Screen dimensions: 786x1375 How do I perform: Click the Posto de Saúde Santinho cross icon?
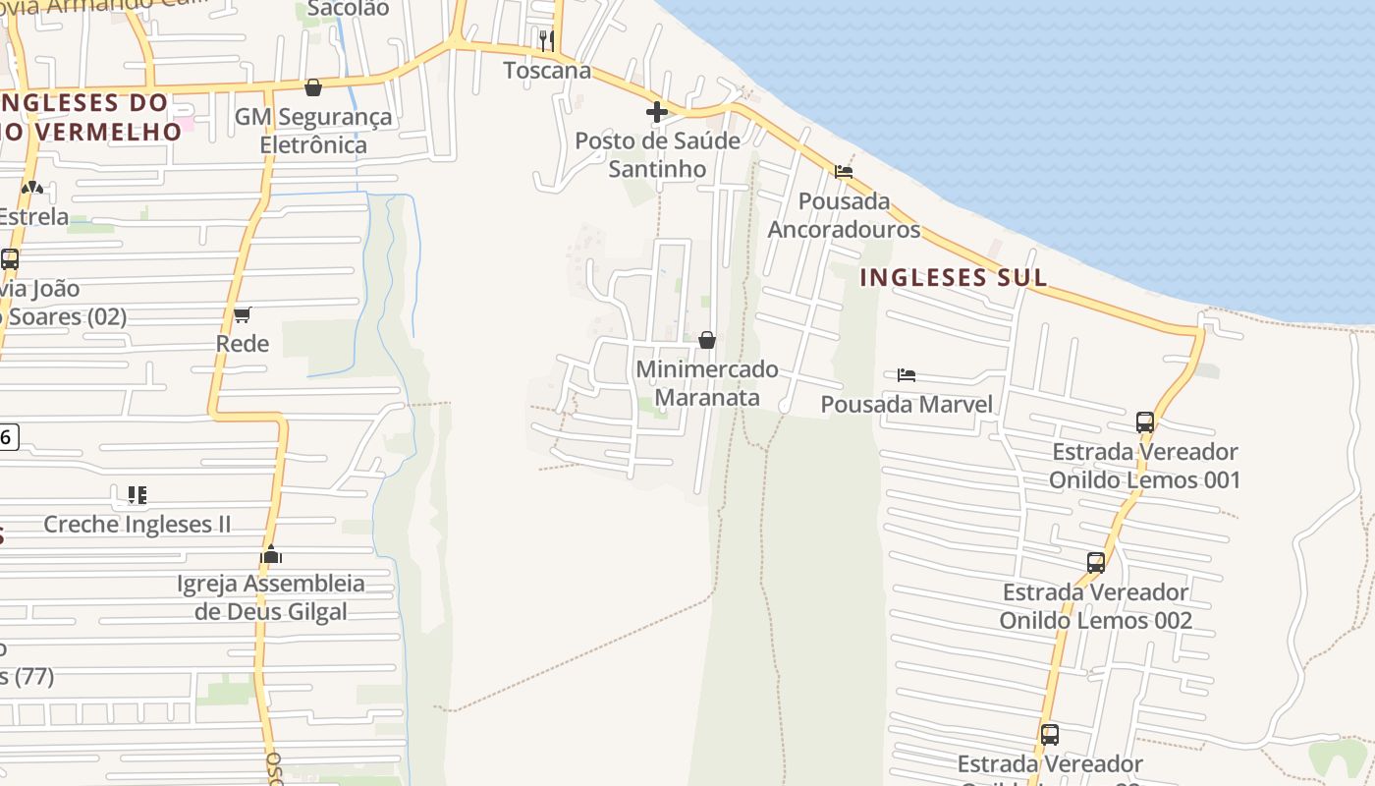pos(657,112)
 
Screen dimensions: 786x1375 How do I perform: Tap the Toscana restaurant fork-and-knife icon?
pos(547,40)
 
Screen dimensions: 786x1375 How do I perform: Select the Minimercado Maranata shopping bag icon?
pos(706,340)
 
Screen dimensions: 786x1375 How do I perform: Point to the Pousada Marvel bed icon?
pos(907,375)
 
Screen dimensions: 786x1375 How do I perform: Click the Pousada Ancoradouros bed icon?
pos(843,172)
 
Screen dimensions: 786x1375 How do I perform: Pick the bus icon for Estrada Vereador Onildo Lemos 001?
pos(1145,422)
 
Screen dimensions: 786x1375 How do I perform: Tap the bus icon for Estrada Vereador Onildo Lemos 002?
pos(1096,563)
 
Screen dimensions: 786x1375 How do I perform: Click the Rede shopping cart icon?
pos(242,314)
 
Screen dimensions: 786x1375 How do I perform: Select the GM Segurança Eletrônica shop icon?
pos(313,87)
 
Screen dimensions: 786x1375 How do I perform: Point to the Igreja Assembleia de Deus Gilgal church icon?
pos(271,554)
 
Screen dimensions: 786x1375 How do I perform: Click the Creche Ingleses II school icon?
pos(137,494)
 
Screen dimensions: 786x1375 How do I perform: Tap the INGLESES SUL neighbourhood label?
pos(954,278)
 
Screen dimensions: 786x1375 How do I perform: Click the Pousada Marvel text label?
pos(907,404)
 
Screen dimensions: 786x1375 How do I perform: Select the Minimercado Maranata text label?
pos(707,383)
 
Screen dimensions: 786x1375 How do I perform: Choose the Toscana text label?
pos(547,70)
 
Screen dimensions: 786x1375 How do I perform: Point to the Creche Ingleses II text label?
pos(137,524)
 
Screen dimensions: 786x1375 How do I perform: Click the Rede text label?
pos(243,343)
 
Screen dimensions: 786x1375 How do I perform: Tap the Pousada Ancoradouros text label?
pos(844,215)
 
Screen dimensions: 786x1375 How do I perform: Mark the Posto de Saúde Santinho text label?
pos(657,154)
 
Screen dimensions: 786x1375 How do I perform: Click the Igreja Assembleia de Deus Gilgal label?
pos(271,597)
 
